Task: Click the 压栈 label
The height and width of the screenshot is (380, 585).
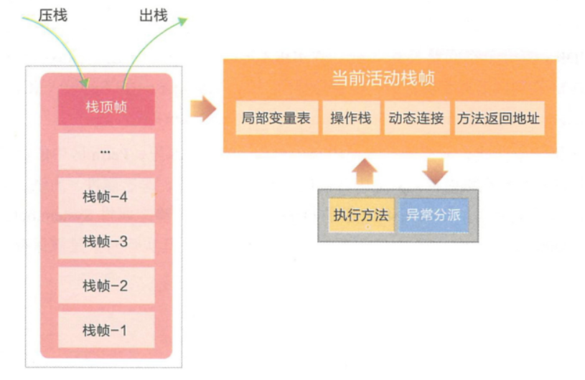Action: (x=52, y=14)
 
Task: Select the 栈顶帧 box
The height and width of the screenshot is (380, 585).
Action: (x=106, y=108)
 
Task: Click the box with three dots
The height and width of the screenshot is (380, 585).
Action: (x=106, y=152)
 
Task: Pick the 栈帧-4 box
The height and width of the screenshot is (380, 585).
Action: (x=106, y=196)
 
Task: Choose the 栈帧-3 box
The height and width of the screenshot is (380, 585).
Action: (x=106, y=241)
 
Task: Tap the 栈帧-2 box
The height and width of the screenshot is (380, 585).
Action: (x=106, y=285)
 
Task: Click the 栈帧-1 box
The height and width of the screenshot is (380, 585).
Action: (x=106, y=330)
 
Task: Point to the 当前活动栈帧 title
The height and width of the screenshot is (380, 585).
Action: (x=383, y=78)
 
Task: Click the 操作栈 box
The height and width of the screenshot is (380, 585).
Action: (x=351, y=118)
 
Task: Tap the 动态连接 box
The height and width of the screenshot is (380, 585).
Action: (x=416, y=118)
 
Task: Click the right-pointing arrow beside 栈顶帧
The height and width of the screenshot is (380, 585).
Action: (x=203, y=109)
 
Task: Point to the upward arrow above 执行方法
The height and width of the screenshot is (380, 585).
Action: (x=365, y=170)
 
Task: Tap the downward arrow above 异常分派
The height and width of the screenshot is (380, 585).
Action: (x=435, y=170)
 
